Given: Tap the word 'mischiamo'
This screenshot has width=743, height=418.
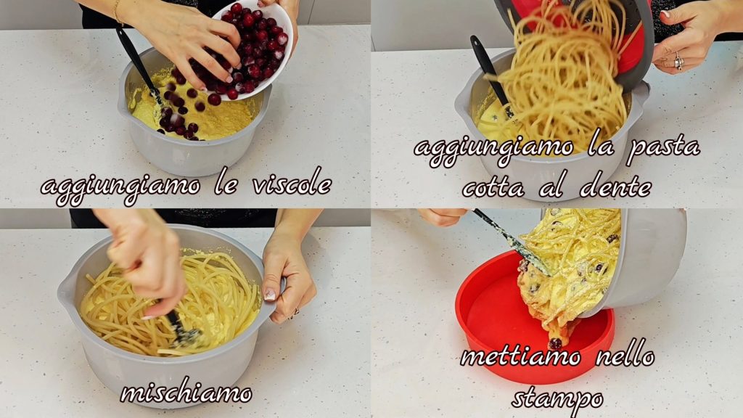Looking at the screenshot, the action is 186,393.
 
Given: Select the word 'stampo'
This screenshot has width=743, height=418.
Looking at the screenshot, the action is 557,399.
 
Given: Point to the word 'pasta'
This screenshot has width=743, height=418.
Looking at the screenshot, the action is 663,147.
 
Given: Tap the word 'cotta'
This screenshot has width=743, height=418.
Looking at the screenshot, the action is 493,188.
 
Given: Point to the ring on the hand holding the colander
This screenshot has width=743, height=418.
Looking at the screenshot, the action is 678,62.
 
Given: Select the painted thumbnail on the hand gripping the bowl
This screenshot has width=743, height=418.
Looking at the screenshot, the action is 270,295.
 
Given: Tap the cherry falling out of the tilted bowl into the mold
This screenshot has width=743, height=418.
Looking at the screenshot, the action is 555,343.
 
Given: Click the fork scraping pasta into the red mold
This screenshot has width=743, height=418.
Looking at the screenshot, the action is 511,242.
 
